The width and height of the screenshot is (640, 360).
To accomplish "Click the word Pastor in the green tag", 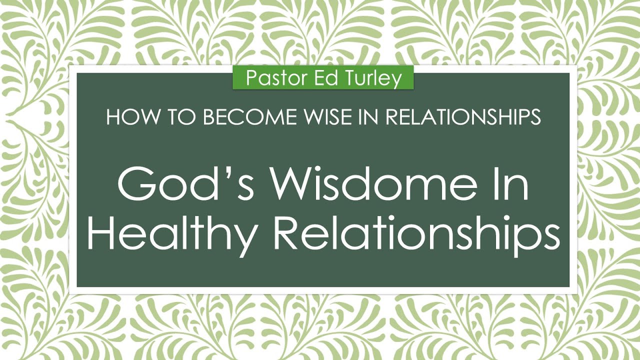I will tap(269, 78).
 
